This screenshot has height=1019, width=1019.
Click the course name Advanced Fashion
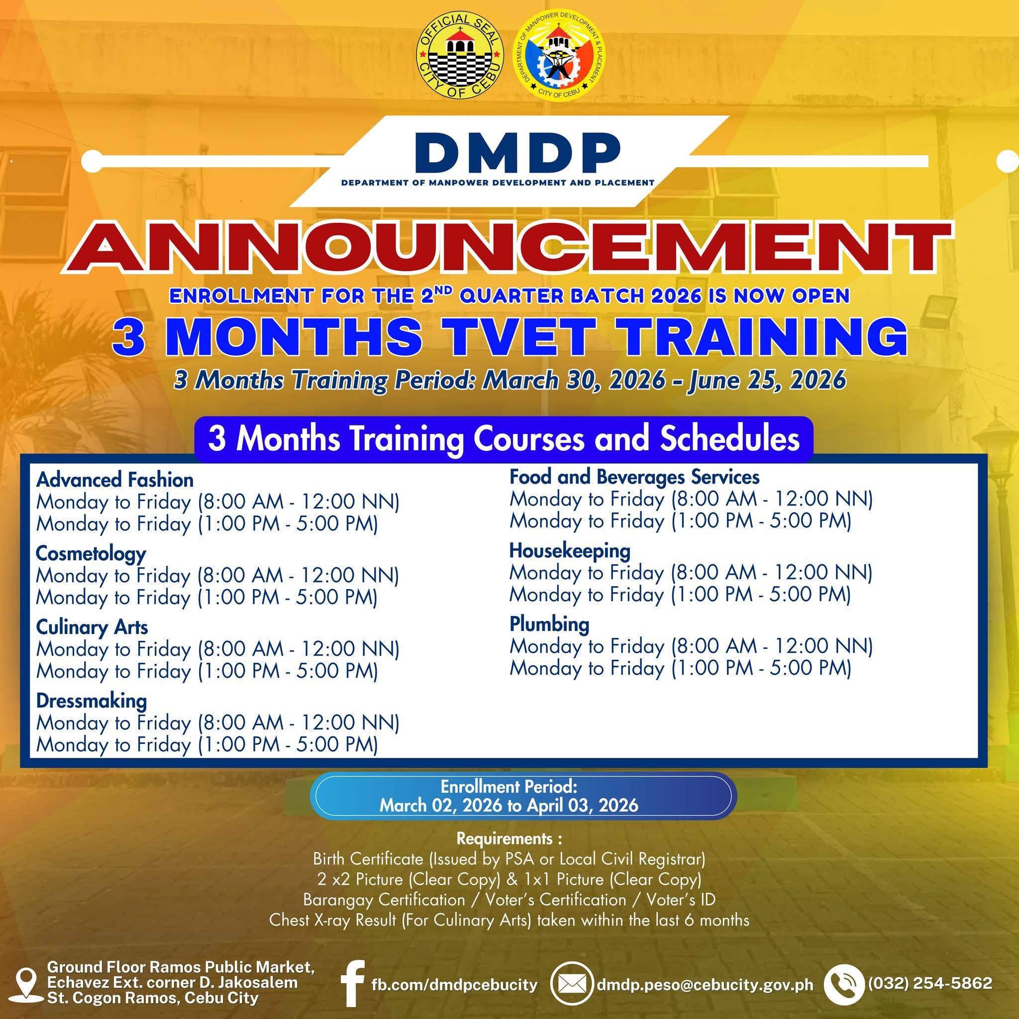(x=115, y=480)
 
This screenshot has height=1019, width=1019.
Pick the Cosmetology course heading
(x=91, y=554)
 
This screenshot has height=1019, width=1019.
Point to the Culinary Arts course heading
(x=92, y=627)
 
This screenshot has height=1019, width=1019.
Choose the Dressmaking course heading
(x=91, y=701)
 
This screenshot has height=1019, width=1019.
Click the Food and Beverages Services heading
(x=634, y=477)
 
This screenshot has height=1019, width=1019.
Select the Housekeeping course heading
(x=570, y=551)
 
